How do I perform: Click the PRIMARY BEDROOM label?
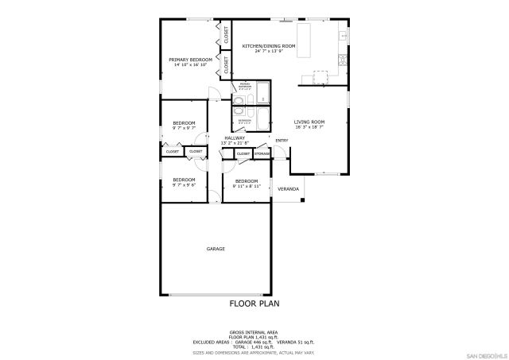click(x=189, y=60)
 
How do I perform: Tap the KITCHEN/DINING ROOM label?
click(x=269, y=46)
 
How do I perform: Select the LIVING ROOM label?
click(x=309, y=121)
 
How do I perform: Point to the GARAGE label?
click(x=216, y=249)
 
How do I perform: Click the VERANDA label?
click(x=288, y=188)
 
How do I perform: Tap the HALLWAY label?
click(x=235, y=138)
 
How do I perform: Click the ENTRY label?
click(x=282, y=141)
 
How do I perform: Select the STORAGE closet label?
click(x=262, y=153)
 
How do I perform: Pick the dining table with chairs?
click(x=320, y=76)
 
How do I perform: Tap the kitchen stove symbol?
click(x=344, y=59)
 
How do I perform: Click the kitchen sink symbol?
click(x=344, y=37)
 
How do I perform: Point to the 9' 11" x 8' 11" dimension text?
click(x=246, y=185)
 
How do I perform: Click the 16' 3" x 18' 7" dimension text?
click(x=309, y=126)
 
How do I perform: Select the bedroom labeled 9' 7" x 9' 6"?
click(x=184, y=182)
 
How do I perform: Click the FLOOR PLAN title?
click(x=254, y=303)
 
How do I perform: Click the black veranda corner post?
click(x=303, y=200)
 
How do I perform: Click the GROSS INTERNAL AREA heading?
click(x=254, y=332)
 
